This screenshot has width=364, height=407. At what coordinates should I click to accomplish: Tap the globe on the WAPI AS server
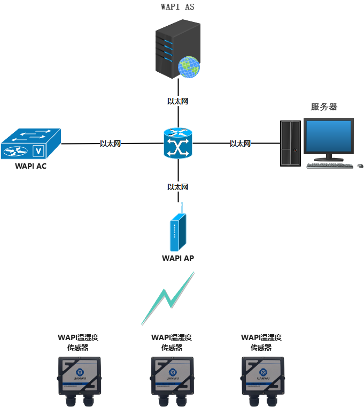click(x=189, y=67)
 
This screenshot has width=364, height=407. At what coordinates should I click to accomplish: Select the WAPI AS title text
click(x=177, y=7)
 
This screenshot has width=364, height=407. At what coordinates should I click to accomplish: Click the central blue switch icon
click(x=177, y=144)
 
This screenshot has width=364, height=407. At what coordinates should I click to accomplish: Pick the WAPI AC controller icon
click(x=31, y=144)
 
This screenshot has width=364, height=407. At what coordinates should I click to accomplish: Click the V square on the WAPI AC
click(x=38, y=151)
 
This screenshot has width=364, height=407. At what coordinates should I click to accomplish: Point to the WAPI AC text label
click(x=30, y=166)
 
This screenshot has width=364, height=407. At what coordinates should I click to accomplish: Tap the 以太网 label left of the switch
click(x=111, y=144)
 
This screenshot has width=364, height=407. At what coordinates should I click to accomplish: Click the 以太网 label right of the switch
click(x=241, y=144)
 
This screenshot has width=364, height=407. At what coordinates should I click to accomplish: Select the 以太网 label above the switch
click(x=177, y=101)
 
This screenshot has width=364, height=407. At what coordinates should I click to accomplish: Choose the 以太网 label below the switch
click(x=177, y=187)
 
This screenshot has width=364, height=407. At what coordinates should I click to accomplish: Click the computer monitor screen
click(x=329, y=136)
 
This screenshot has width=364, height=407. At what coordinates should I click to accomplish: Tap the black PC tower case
click(x=290, y=144)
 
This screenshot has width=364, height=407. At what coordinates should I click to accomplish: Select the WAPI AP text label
click(x=177, y=258)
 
